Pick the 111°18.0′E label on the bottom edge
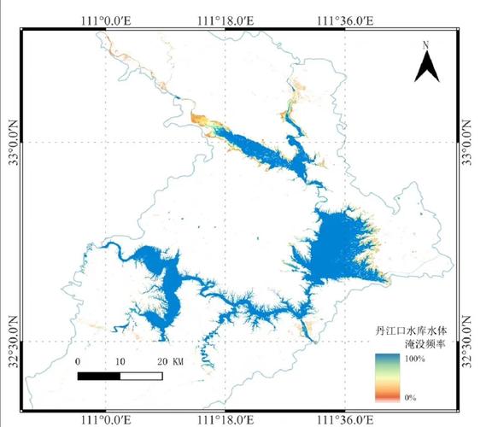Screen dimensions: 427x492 (225, 418)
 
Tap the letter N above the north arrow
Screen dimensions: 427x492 (426, 44)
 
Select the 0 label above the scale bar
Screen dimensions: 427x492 (78, 361)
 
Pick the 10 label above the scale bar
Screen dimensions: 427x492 (120, 361)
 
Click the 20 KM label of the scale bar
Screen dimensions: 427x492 (170, 361)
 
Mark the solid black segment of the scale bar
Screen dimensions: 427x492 (98, 376)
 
